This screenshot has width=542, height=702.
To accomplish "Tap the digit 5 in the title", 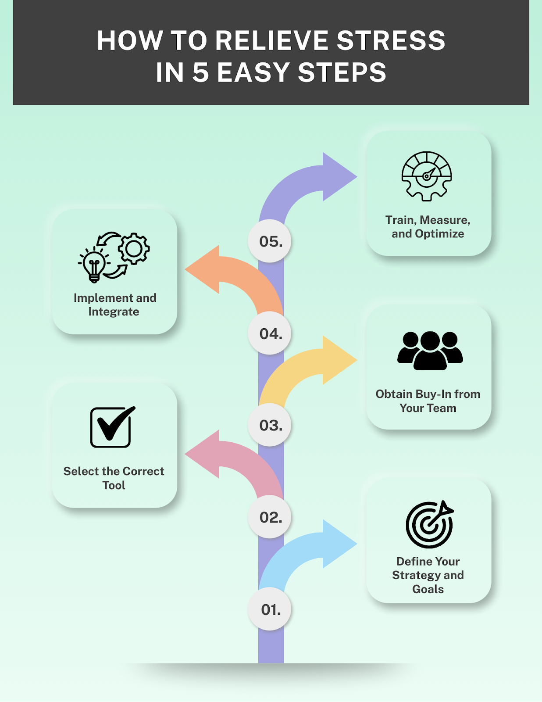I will coord(200,72).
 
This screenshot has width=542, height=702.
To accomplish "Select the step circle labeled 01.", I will coord(270,609).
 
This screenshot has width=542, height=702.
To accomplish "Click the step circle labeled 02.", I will coord(270,517).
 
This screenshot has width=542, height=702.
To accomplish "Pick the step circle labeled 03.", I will coord(270,425).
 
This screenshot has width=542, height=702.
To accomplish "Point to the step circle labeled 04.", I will coord(270,333).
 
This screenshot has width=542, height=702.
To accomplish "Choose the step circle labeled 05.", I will coord(270,241).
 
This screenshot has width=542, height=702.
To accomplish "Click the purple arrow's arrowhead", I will coord(338,177).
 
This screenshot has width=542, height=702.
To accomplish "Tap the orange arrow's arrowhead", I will coord(204,269).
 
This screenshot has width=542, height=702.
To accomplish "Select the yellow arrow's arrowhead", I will coord(338,360).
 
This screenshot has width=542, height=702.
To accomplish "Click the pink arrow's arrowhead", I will coord(204,454).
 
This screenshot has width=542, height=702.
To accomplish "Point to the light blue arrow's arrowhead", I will coord(338,544).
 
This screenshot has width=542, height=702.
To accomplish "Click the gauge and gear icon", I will coord(427,176).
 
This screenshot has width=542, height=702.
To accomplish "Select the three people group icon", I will coord(430,350).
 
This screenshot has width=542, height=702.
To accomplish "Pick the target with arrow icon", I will coord(429,524).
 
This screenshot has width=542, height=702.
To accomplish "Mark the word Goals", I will coord(428,589).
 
